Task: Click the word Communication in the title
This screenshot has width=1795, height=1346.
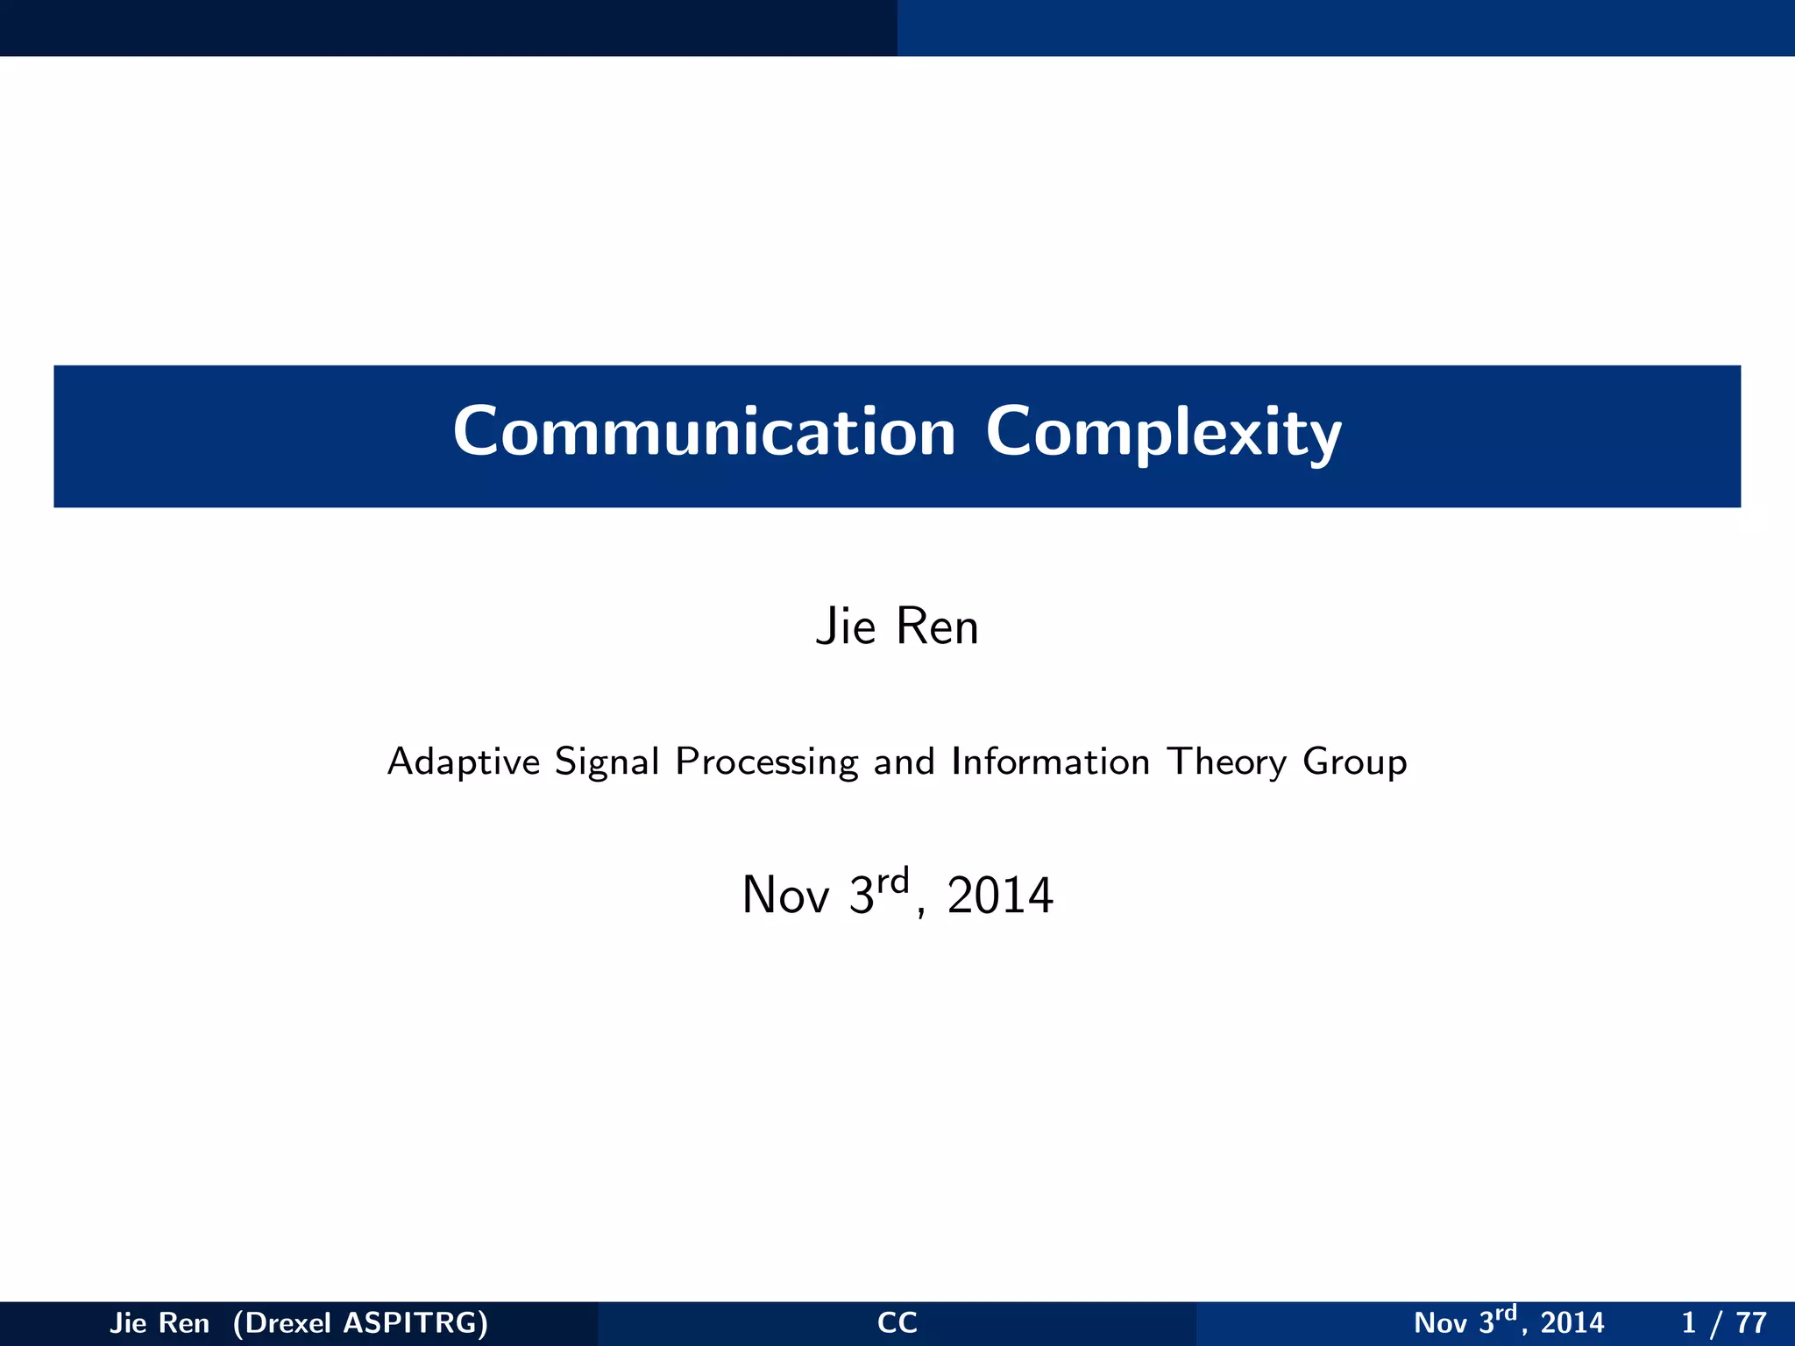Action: click(x=704, y=432)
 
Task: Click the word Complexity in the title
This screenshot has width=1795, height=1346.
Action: click(x=1163, y=434)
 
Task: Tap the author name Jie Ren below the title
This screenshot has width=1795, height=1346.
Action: click(x=897, y=627)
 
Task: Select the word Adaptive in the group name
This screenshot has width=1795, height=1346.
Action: click(x=464, y=762)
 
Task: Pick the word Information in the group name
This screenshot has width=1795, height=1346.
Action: click(x=1049, y=762)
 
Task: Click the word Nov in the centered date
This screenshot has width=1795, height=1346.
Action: click(x=784, y=896)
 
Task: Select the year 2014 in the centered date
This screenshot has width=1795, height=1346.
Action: click(x=999, y=896)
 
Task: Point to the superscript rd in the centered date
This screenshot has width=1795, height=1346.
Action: click(x=893, y=880)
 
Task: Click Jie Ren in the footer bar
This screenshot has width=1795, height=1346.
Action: click(x=160, y=1322)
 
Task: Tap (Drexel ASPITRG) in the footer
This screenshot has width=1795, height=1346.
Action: click(x=360, y=1322)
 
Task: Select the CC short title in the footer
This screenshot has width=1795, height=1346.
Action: click(x=897, y=1322)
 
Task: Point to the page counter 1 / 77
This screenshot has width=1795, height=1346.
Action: click(x=1723, y=1322)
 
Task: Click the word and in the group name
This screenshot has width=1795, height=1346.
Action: click(x=904, y=762)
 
